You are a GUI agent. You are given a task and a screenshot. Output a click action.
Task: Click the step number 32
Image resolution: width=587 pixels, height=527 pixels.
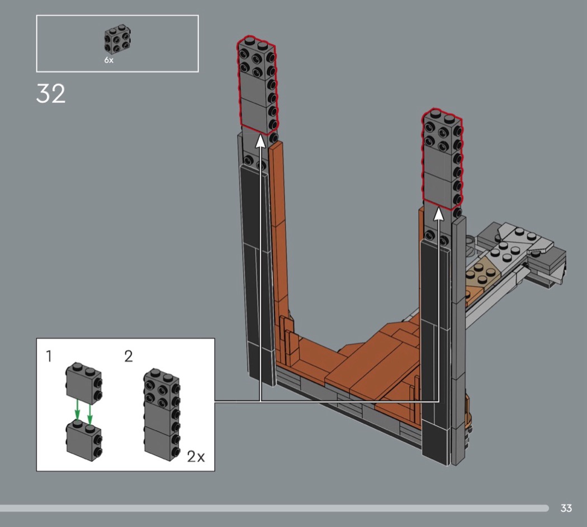[51, 93]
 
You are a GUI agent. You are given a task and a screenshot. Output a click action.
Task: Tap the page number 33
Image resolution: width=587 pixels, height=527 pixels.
[566, 508]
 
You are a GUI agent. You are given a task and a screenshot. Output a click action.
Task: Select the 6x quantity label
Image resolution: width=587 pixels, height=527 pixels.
[108, 60]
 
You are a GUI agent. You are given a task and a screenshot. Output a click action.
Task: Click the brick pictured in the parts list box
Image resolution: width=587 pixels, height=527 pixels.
[117, 39]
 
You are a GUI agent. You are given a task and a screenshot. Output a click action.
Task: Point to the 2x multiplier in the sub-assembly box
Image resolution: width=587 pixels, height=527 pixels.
[196, 457]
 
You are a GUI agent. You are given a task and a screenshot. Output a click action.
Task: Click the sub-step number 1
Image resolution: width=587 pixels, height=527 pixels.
[49, 356]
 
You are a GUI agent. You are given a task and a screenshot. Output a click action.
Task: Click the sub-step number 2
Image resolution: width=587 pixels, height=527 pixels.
[129, 356]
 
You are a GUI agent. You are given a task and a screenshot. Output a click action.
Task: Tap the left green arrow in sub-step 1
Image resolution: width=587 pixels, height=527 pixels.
[77, 410]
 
